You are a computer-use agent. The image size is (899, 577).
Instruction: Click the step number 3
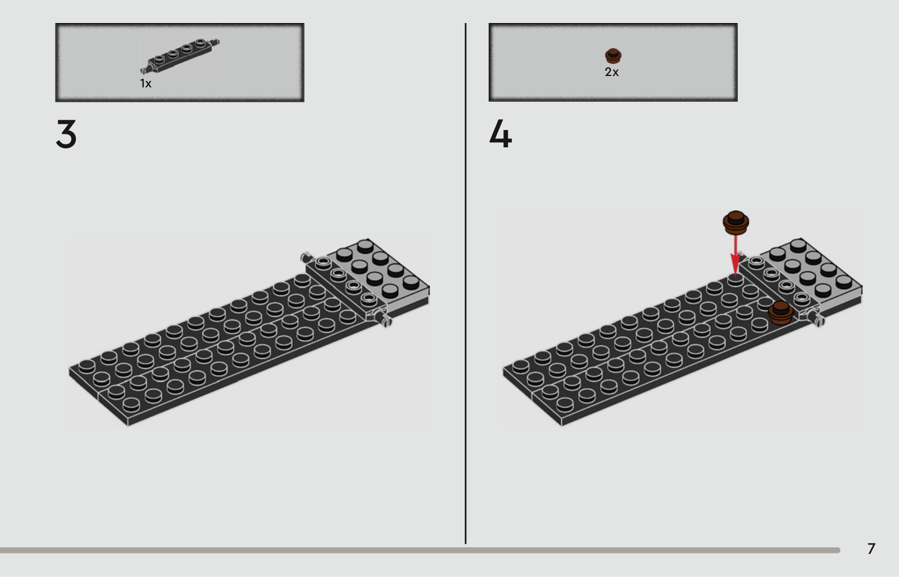tap(66, 134)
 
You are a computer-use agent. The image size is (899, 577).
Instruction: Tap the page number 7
tap(871, 549)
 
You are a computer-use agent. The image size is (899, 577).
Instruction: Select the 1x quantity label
tap(146, 84)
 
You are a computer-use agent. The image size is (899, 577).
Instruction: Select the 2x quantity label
tap(612, 72)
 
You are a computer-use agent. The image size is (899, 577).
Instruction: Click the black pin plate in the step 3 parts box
tap(179, 56)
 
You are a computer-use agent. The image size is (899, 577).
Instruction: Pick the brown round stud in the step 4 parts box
tap(613, 56)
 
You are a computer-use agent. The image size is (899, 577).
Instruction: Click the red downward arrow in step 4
tap(735, 255)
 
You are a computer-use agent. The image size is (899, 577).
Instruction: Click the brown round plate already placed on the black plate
tap(780, 313)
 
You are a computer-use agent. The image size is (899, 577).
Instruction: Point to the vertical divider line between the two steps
tap(466, 283)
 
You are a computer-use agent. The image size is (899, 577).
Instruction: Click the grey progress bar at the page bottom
tap(420, 550)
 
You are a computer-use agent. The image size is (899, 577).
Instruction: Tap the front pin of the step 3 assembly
tap(383, 319)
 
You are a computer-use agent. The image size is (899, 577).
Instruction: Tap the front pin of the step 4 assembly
tap(816, 319)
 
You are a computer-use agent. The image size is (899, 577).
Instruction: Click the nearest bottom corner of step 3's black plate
tap(128, 425)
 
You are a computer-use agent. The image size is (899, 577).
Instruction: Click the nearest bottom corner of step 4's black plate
tap(561, 425)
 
